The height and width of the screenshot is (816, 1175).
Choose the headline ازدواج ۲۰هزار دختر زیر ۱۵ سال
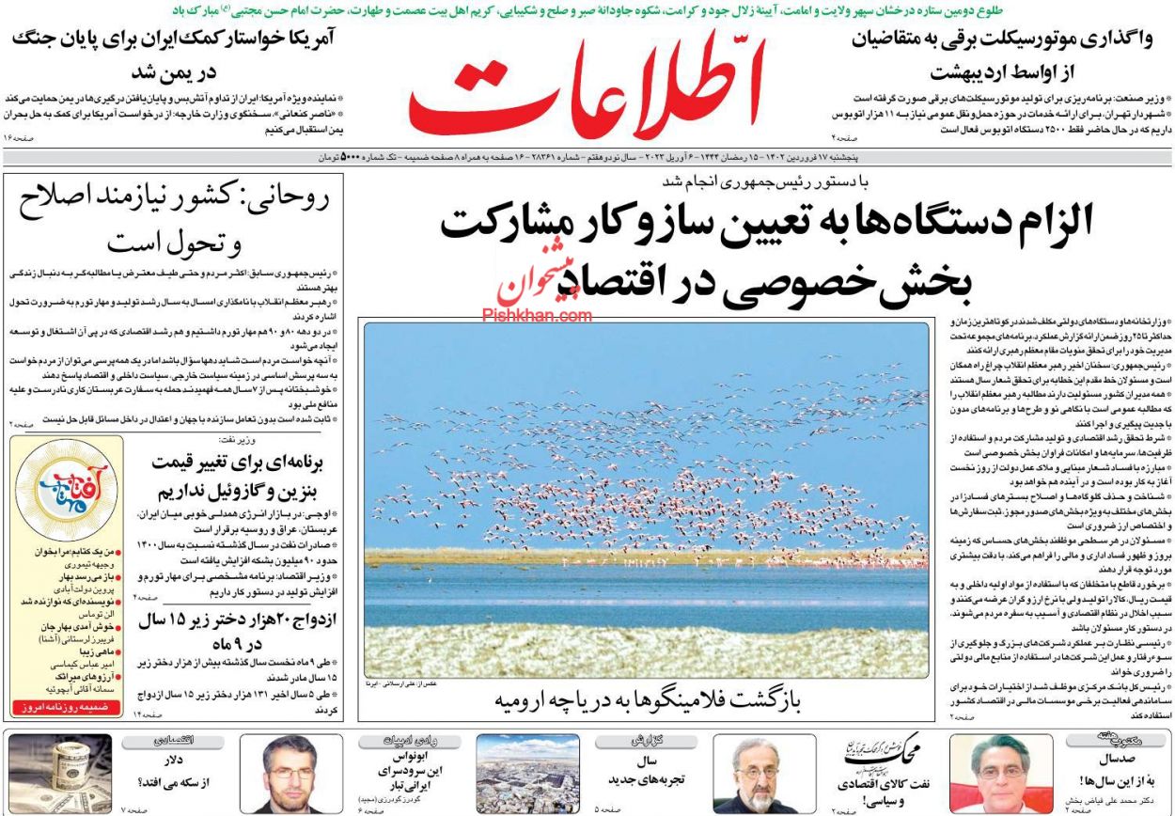pyautogui.click(x=230, y=632)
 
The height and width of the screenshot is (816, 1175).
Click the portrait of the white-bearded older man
pyautogui.click(x=750, y=773)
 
